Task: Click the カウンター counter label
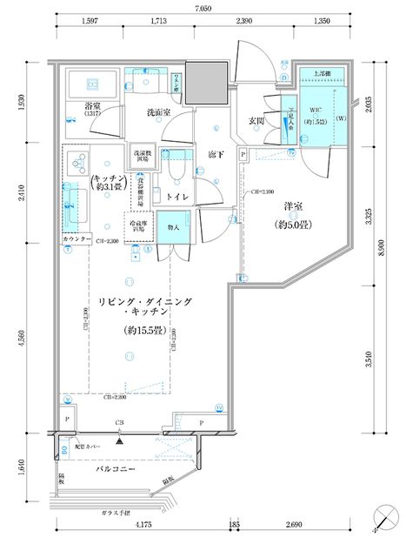coord(77,238)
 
